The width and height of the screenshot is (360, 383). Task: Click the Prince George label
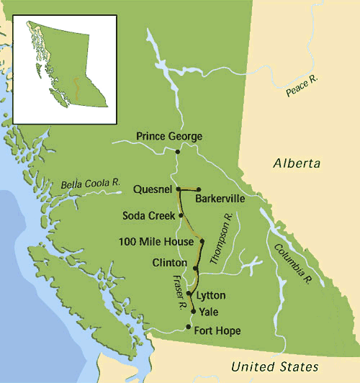(x=169, y=136)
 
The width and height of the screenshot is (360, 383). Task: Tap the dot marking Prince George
(x=177, y=151)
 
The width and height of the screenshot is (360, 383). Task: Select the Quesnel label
(x=152, y=189)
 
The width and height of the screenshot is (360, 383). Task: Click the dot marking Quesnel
(x=178, y=189)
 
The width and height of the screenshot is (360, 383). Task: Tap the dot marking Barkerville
(x=198, y=190)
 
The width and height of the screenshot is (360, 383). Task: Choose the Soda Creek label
(x=147, y=215)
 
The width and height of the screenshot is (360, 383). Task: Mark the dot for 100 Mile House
(x=202, y=241)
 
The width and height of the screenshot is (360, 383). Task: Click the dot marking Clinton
(x=195, y=268)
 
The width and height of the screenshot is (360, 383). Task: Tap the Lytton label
(x=211, y=295)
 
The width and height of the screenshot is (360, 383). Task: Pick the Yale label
(x=208, y=312)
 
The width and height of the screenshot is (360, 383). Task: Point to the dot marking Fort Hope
(x=189, y=328)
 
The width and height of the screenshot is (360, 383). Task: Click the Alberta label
(x=297, y=164)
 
